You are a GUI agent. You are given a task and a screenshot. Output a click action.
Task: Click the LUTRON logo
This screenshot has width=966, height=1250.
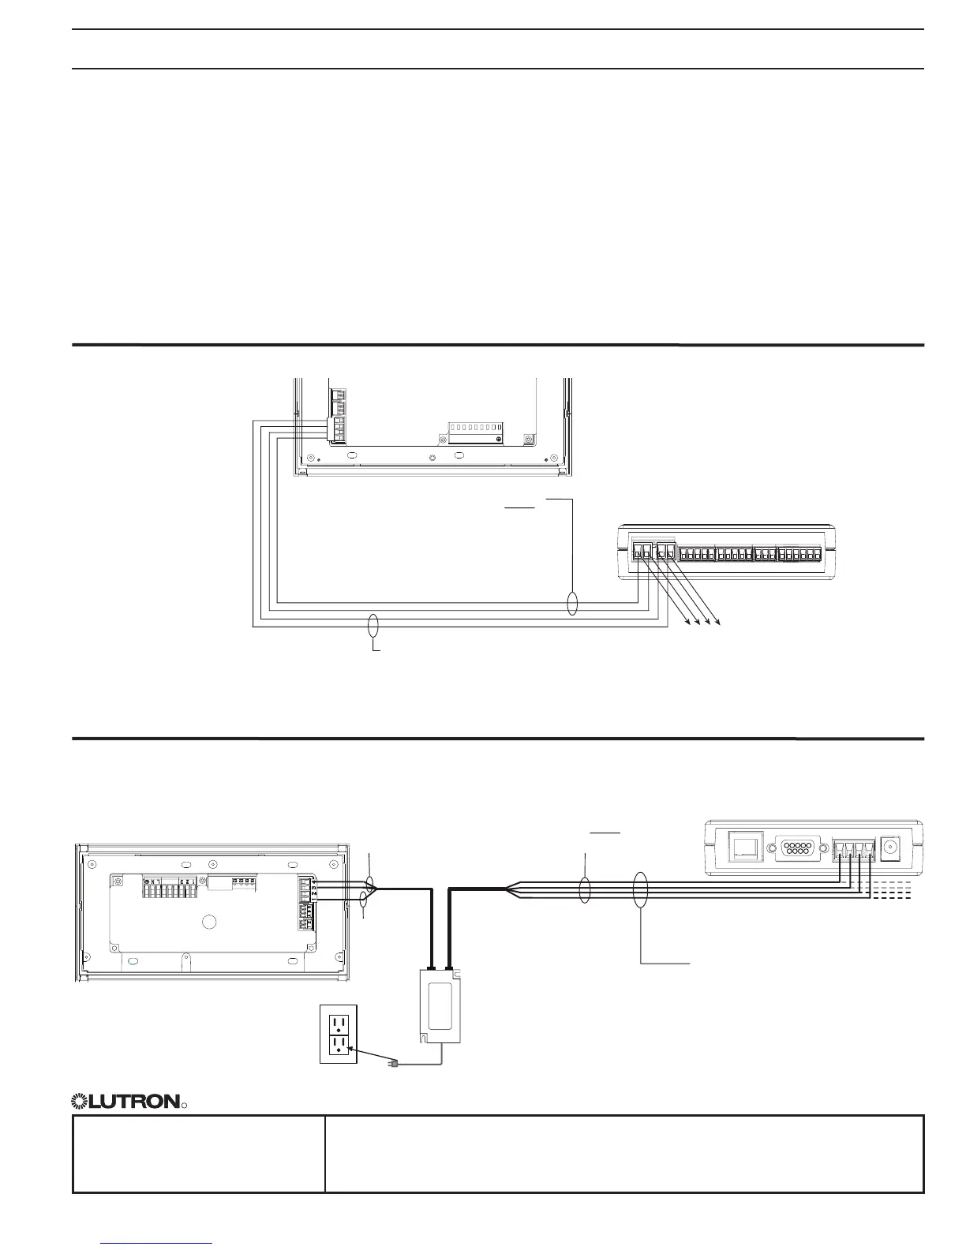point(126,1101)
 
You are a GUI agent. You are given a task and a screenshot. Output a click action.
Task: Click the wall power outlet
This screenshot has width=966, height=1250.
point(339,1034)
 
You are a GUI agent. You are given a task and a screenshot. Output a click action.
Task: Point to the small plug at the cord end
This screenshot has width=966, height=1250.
point(393,1064)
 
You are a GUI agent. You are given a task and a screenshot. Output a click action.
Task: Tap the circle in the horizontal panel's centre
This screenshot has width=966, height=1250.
point(209,922)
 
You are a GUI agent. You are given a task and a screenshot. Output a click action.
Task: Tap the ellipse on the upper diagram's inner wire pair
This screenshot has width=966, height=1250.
point(573,604)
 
